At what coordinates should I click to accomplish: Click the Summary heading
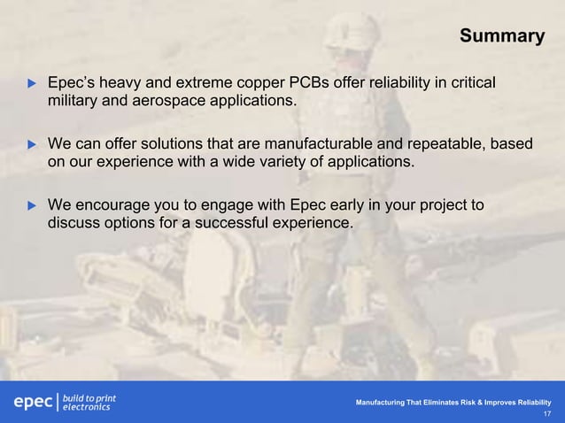(x=501, y=36)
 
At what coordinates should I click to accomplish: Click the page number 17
(x=546, y=413)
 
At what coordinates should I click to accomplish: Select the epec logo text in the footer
(x=32, y=403)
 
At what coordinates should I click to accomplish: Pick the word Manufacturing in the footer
(x=383, y=403)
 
